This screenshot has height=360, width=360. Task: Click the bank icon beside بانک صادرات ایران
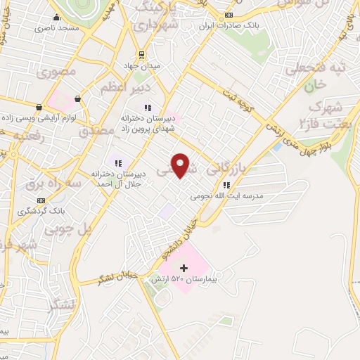coord(229,15)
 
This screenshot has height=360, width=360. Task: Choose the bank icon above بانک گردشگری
coord(40,200)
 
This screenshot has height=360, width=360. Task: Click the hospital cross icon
coord(184,267)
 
